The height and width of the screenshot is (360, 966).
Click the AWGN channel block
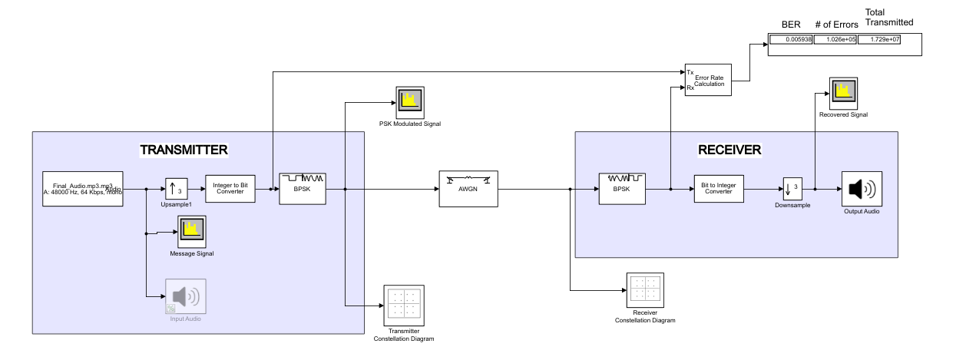tap(468, 188)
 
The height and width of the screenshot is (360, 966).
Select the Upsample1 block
tap(177, 188)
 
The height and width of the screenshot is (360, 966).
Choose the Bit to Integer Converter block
tap(721, 188)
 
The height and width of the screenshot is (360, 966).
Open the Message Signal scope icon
tap(191, 230)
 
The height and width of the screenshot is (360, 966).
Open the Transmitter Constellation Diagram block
tap(404, 305)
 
